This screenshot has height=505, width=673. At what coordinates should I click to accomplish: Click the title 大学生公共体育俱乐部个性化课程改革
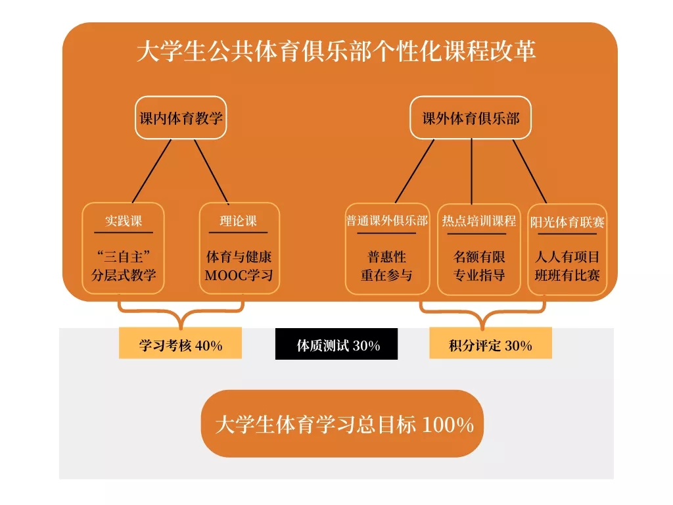point(336,52)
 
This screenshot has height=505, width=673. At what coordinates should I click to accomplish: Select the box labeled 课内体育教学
point(181,118)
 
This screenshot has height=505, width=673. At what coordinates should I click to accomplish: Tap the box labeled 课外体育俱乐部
point(471,118)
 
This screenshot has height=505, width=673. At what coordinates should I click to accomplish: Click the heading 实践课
point(124,221)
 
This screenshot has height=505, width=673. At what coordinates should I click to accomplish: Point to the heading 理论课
point(239,221)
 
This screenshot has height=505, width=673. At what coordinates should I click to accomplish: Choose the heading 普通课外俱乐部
point(387,221)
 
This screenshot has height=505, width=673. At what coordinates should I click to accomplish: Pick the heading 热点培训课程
point(479,221)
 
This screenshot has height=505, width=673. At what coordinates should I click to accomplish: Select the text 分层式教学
point(124,275)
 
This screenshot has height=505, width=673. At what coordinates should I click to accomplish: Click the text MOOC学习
point(239,275)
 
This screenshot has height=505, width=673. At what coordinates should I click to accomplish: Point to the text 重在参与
point(387,275)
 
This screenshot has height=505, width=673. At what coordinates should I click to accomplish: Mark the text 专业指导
point(479,275)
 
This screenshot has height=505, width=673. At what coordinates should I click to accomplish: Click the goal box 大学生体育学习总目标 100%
point(342,424)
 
